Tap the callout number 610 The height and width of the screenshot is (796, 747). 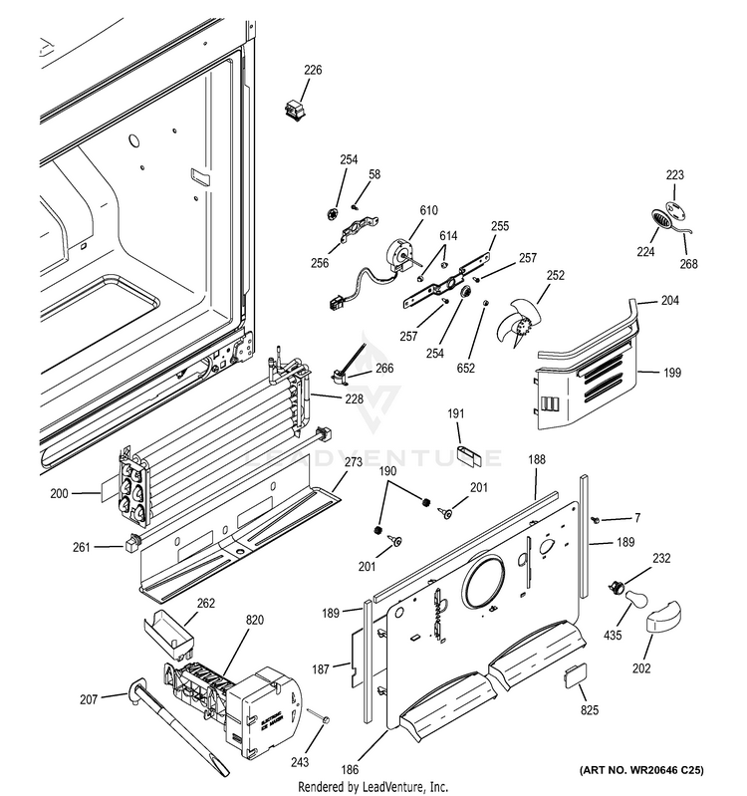pos(428,210)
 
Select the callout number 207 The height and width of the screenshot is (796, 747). pos(89,699)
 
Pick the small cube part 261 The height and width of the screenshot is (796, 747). pos(129,543)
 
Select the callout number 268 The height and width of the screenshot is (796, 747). pos(689,264)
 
